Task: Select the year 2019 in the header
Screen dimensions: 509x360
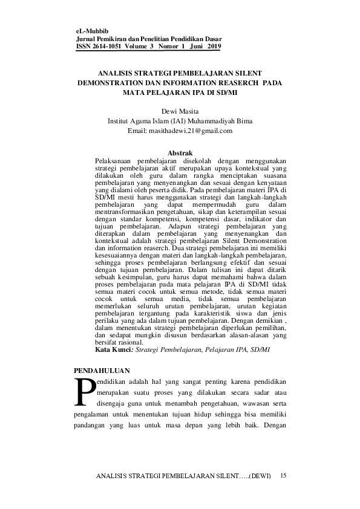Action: coord(214,46)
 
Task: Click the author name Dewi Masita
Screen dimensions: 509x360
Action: coord(180,111)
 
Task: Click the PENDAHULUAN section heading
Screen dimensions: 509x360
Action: coord(101,370)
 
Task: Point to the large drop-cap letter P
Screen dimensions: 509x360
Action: coord(83,392)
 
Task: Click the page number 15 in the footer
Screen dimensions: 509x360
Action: coord(284,476)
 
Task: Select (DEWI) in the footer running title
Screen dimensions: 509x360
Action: coord(261,477)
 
